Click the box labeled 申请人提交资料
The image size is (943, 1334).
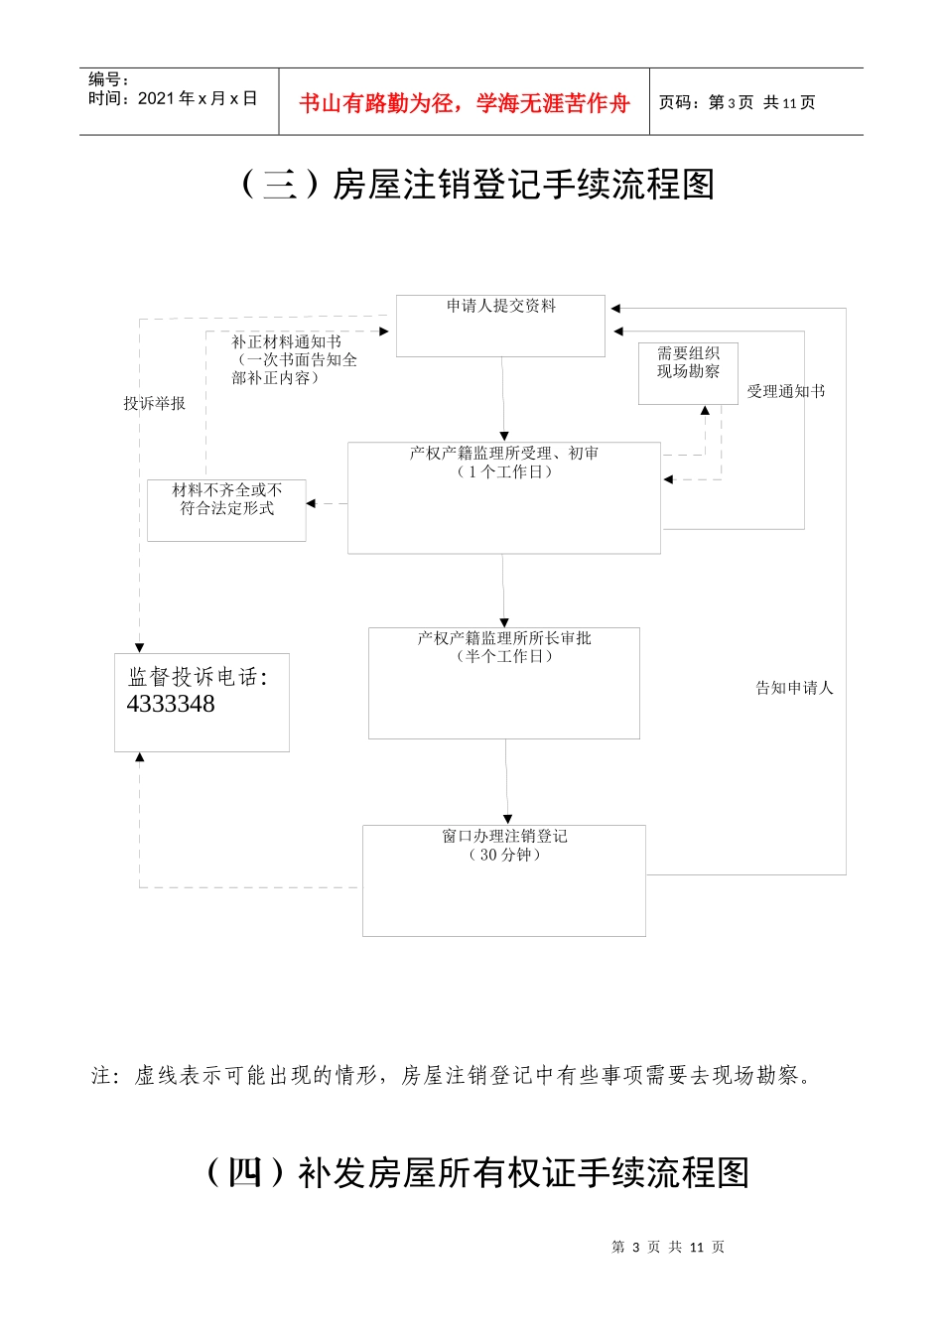tap(500, 325)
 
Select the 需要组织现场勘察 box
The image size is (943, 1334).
tap(688, 372)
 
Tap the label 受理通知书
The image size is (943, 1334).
tap(785, 391)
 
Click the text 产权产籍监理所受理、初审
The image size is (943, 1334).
tap(504, 454)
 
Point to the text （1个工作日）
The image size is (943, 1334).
tap(504, 472)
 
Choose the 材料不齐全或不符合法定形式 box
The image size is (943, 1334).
tap(226, 509)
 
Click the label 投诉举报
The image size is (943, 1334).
tap(154, 403)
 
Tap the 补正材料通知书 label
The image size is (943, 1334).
tap(286, 341)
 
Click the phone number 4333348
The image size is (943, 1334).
tap(171, 704)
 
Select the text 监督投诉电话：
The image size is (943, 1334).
tap(198, 677)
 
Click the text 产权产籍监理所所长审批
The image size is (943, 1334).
tap(504, 638)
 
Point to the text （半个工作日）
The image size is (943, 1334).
tap(504, 656)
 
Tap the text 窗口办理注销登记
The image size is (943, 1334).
tap(504, 836)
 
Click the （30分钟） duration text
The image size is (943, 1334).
tap(504, 855)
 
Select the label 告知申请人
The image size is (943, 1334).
tap(794, 688)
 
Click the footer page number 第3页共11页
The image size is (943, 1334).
tap(668, 1247)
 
